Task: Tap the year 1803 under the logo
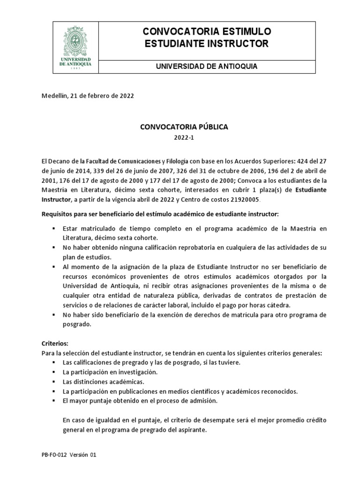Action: click(x=75, y=68)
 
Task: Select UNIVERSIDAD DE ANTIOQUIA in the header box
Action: click(x=206, y=67)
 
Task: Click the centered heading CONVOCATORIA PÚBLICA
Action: click(x=177, y=127)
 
